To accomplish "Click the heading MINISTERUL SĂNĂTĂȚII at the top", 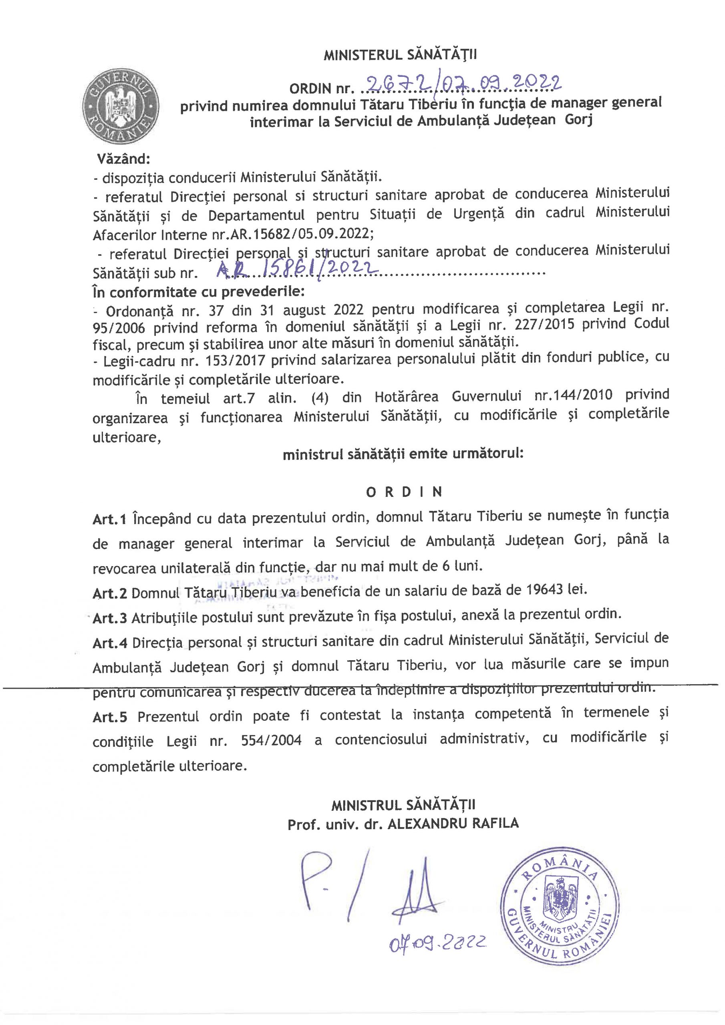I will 400,55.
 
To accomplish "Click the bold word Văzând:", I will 124,159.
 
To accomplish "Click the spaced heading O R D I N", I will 404,492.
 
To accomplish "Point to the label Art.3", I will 110,618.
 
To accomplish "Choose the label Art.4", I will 110,643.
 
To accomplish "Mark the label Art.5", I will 110,717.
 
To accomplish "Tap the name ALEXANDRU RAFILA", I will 453,824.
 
